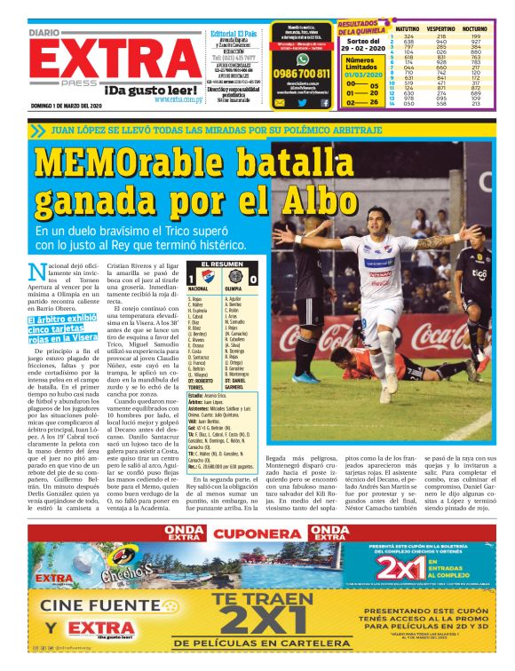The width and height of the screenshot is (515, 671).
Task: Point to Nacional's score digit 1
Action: tap(191, 279)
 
